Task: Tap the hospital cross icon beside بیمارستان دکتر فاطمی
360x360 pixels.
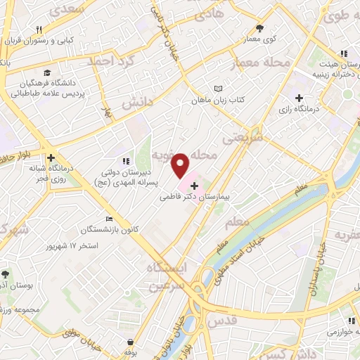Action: click(x=194, y=186)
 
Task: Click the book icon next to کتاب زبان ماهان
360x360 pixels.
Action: click(x=218, y=89)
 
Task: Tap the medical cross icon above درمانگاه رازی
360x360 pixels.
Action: click(x=300, y=97)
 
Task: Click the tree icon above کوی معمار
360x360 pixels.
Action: click(x=259, y=28)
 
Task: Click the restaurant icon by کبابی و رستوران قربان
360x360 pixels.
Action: click(x=40, y=30)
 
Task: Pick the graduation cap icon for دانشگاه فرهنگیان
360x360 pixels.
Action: click(x=47, y=72)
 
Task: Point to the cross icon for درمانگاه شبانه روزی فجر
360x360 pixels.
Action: click(x=51, y=157)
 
